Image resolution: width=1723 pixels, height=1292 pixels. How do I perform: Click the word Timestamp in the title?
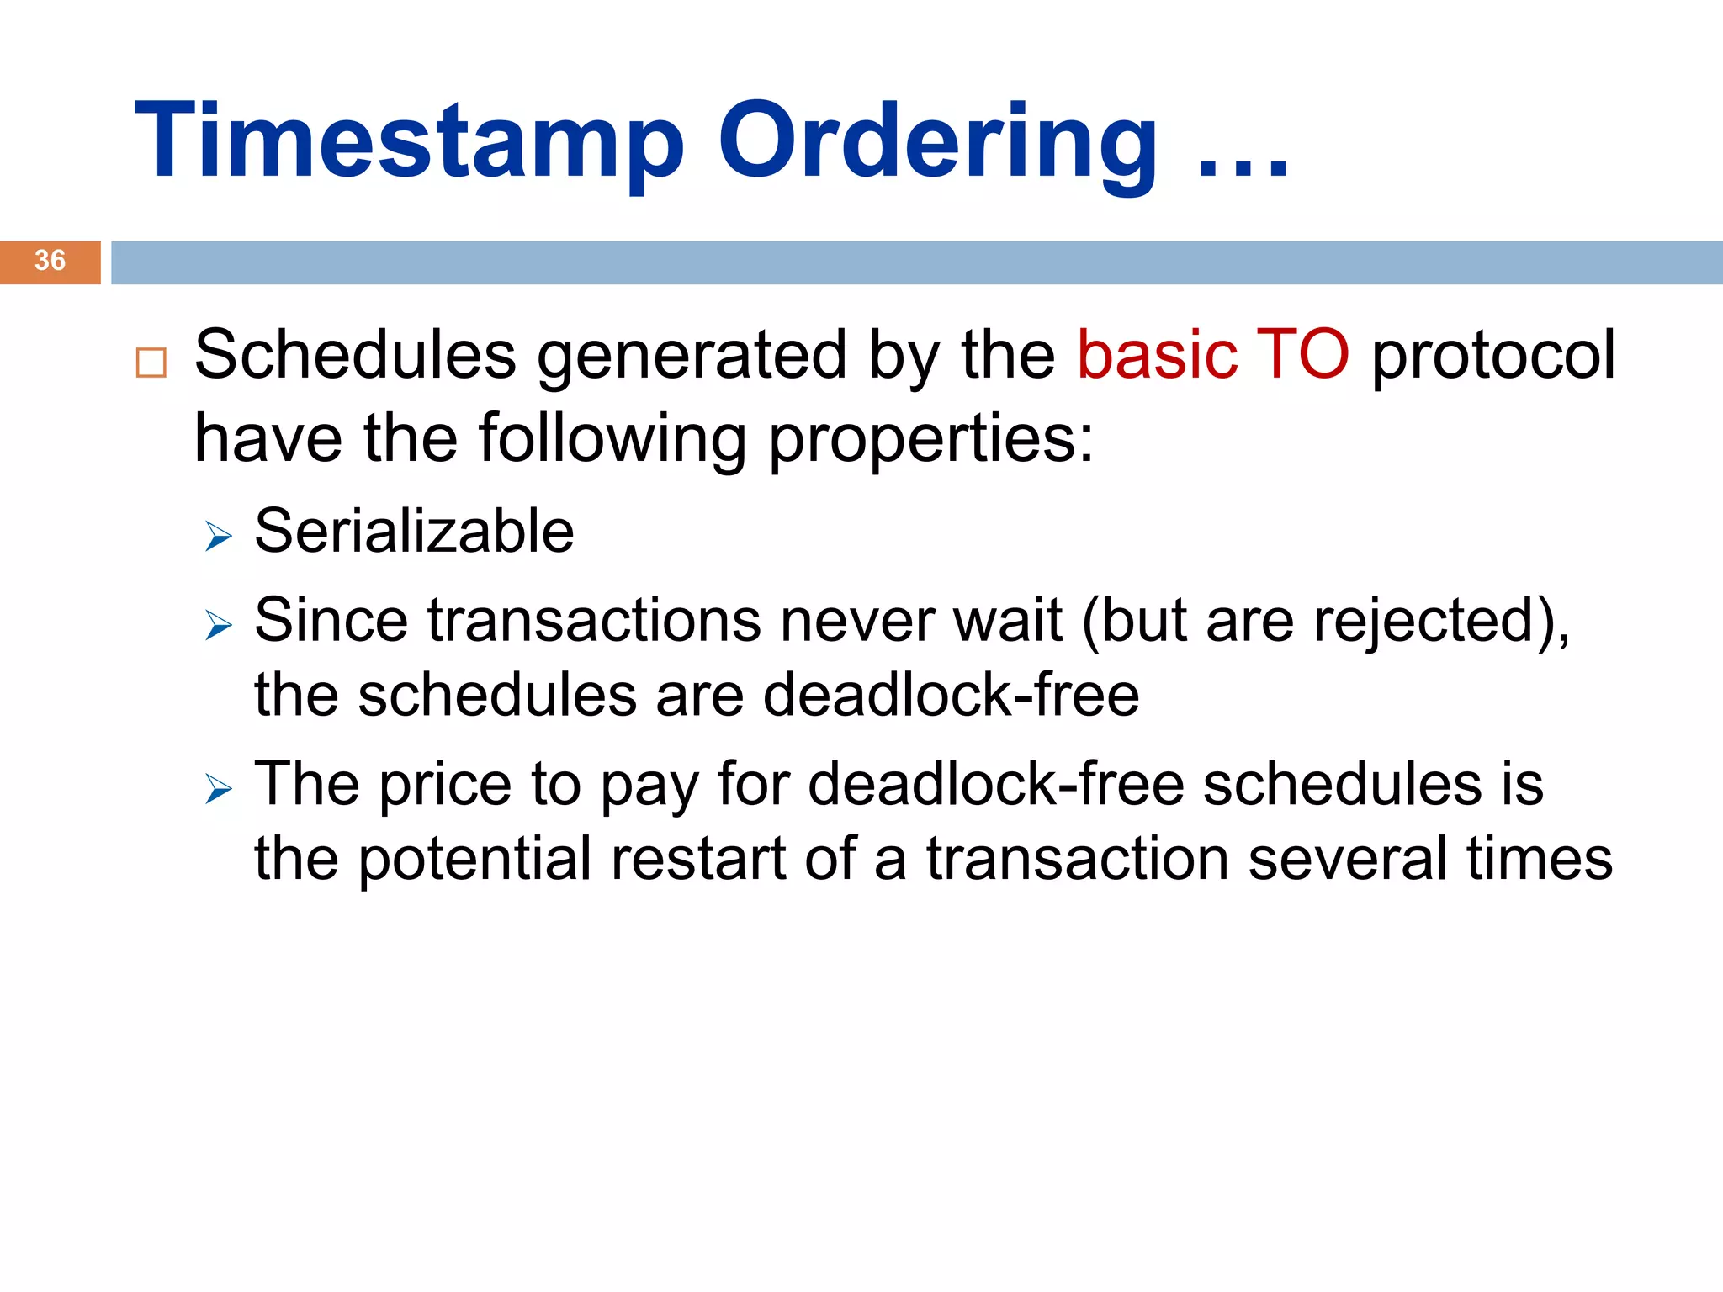410,141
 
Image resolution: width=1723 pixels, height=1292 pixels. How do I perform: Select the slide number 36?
50,261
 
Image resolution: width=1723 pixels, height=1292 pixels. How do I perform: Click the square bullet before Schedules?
151,363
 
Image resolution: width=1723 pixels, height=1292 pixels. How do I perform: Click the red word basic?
1156,355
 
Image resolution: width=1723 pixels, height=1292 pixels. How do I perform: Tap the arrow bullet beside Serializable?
218,536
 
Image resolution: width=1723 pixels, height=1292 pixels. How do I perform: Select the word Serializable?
414,532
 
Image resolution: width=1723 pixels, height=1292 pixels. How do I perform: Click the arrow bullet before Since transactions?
218,625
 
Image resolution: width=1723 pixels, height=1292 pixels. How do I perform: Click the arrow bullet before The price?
218,789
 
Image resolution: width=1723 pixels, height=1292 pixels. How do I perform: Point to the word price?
445,786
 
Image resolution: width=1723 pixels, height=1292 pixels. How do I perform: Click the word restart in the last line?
697,860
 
